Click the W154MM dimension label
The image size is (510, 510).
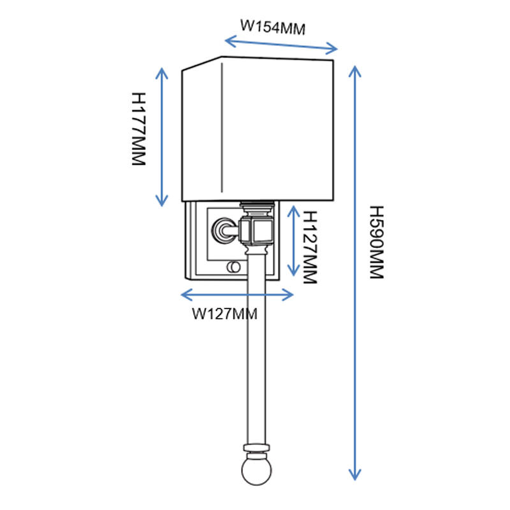click(272, 27)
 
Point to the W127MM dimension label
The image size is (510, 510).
click(224, 313)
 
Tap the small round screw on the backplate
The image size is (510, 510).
click(234, 265)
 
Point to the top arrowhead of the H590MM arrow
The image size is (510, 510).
click(355, 68)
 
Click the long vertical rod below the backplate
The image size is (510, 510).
click(255, 357)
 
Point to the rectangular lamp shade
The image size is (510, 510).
click(258, 127)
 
